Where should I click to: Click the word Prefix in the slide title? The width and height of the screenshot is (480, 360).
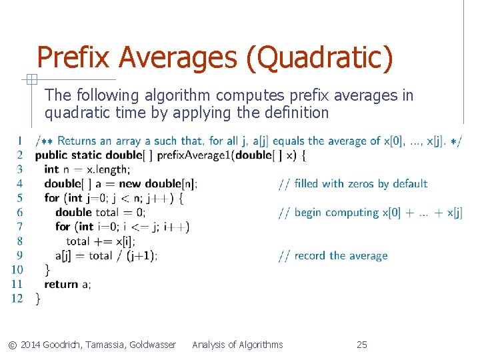[x=74, y=58]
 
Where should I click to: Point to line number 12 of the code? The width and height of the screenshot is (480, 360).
[x=17, y=298]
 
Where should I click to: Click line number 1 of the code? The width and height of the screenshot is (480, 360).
[x=20, y=141]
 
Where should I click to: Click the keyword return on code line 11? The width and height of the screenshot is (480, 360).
[x=61, y=284]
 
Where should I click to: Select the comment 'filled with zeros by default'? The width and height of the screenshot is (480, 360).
[x=361, y=184]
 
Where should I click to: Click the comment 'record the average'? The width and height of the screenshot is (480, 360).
[x=340, y=255]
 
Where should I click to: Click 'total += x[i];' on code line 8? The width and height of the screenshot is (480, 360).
[x=100, y=241]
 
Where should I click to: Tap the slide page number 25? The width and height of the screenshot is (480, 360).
[x=362, y=345]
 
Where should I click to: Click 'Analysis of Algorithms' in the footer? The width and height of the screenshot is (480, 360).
[x=237, y=345]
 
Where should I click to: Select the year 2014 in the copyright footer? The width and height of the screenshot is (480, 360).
[x=31, y=345]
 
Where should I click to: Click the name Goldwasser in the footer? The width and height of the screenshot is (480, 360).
[x=152, y=345]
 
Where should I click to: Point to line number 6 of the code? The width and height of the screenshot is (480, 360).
[x=20, y=213]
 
